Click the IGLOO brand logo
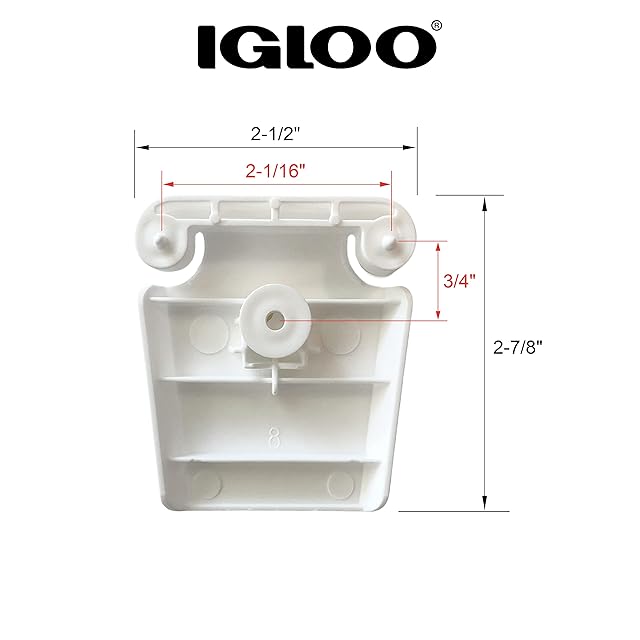click(x=317, y=46)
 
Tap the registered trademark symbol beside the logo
click(x=436, y=26)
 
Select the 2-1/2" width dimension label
click(x=276, y=133)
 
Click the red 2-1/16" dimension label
click(x=276, y=171)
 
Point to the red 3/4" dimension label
click(x=460, y=281)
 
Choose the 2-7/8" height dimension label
click(x=518, y=348)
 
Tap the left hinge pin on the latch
click(x=161, y=241)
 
